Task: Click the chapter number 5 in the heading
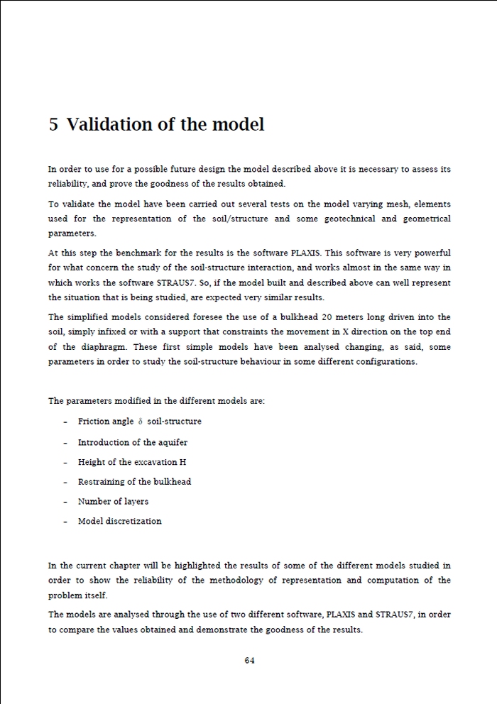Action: point(54,125)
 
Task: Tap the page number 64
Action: point(249,660)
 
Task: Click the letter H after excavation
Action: point(183,462)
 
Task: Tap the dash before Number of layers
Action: point(65,502)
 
